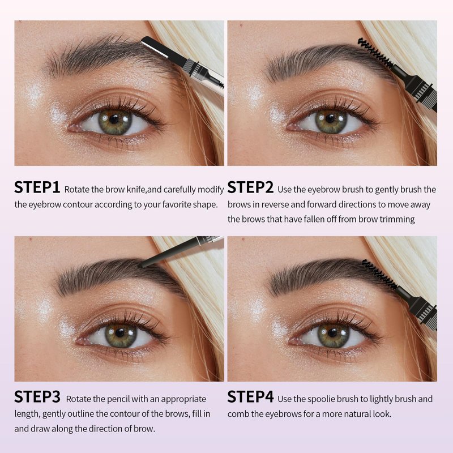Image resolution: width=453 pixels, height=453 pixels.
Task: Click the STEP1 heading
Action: (x=37, y=187)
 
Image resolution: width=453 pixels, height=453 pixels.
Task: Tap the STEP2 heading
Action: (x=250, y=187)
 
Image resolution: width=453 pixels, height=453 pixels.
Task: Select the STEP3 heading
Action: (x=37, y=397)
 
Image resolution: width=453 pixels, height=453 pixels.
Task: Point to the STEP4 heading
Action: (x=250, y=397)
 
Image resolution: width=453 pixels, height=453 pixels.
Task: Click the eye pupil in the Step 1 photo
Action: (x=114, y=119)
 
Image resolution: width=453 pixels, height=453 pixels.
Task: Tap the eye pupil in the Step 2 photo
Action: (x=330, y=118)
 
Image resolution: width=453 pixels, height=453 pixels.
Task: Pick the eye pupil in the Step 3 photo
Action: (x=120, y=333)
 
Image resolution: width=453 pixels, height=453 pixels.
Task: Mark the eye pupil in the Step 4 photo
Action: (x=333, y=333)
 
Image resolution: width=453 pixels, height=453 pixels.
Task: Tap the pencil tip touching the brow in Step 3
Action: (x=142, y=265)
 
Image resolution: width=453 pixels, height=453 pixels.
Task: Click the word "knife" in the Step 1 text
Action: (x=136, y=190)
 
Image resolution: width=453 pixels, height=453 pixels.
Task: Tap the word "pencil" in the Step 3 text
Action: (x=119, y=399)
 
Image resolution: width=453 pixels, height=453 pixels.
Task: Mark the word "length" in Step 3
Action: (x=27, y=414)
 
